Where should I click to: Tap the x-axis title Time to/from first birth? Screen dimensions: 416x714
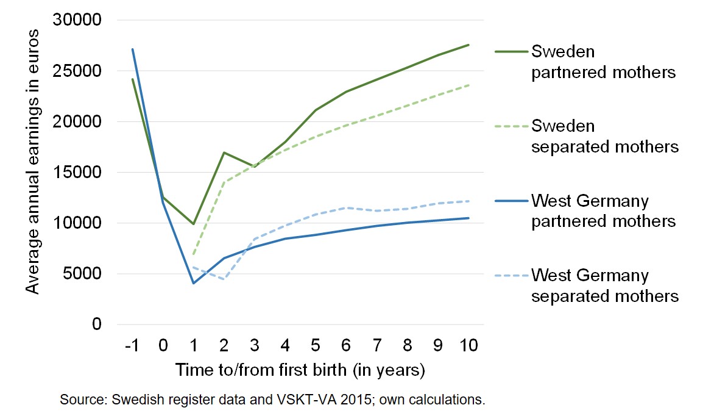[300, 370]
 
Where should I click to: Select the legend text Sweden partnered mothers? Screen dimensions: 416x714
[603, 61]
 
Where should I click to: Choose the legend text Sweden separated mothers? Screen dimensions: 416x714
[604, 136]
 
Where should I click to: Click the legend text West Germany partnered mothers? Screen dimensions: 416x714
[603, 210]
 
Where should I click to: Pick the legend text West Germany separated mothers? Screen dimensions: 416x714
[604, 285]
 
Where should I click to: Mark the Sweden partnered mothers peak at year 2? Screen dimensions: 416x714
[224, 152]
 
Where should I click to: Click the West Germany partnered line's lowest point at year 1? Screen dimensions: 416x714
[194, 283]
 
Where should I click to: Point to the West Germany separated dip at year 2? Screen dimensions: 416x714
[224, 279]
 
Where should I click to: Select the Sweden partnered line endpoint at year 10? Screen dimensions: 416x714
[468, 45]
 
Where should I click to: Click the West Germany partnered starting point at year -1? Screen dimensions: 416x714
[132, 49]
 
